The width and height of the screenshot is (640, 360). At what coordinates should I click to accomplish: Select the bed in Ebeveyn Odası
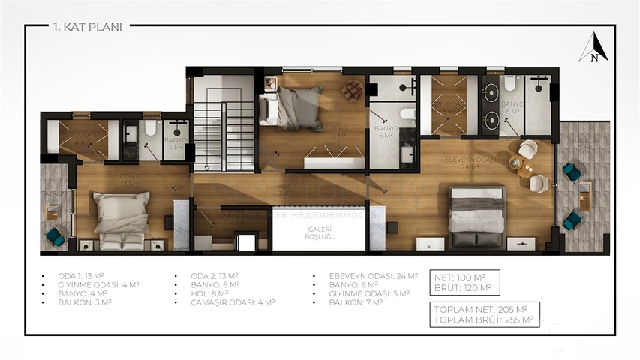476,215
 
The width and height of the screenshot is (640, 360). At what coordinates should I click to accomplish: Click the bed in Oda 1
120,217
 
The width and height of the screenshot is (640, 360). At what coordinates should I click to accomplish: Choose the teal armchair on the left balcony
55,236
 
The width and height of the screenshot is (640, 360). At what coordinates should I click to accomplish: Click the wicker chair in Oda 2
351,89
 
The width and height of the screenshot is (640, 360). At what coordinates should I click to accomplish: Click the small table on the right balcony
584,196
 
